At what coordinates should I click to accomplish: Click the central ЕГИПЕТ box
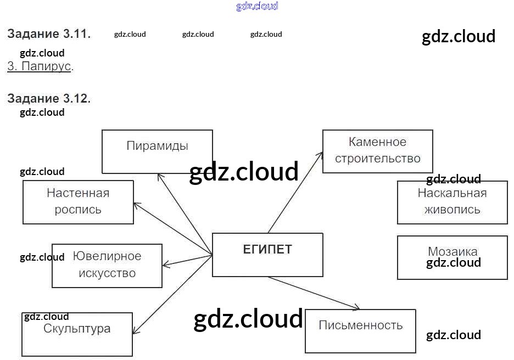point(267,255)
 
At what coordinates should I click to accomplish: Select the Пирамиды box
point(157,151)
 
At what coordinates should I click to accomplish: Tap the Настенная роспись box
point(78,202)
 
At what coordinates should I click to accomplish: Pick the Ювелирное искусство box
point(107,266)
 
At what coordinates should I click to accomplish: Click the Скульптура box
point(77,334)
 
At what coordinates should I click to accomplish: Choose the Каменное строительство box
point(377,151)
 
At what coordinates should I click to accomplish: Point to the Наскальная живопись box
point(452,202)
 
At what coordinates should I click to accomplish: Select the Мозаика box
point(452,257)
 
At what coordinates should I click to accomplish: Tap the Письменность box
point(360,331)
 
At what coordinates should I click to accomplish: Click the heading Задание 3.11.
point(49,33)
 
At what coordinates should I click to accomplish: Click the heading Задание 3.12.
point(49,99)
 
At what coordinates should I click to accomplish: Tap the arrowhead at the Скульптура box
point(134,332)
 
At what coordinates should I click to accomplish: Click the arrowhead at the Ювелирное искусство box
point(165,265)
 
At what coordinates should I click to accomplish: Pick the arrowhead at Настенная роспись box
point(136,205)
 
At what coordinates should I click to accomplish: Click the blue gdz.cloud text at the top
point(257,6)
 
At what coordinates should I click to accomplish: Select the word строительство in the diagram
point(377,159)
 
